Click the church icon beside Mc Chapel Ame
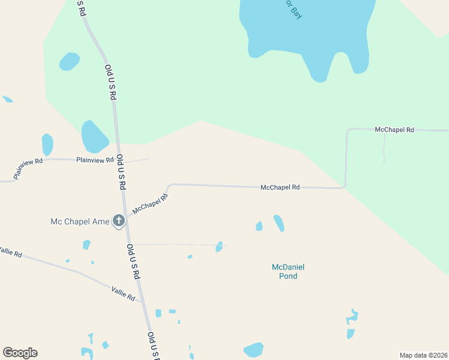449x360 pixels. tap(119, 221)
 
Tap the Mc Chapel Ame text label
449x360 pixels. tap(79, 222)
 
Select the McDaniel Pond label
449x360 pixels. tap(284, 272)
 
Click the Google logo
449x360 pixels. tap(20, 353)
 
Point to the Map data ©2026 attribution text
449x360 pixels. tap(423, 355)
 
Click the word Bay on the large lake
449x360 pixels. tap(295, 10)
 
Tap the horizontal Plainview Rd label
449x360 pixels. tap(95, 160)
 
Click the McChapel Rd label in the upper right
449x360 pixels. tap(394, 130)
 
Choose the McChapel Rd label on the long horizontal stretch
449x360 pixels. tap(280, 188)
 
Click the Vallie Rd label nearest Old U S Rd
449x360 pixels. tap(123, 293)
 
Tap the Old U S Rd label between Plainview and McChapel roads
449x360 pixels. tap(121, 172)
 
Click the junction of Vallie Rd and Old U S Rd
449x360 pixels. tap(141, 301)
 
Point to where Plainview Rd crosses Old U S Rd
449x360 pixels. tap(119, 160)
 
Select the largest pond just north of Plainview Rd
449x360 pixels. tap(94, 136)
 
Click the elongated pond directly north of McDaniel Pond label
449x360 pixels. tap(279, 223)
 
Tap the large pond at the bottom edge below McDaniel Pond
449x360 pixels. tap(253, 350)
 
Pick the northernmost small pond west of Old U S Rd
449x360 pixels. tap(69, 61)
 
